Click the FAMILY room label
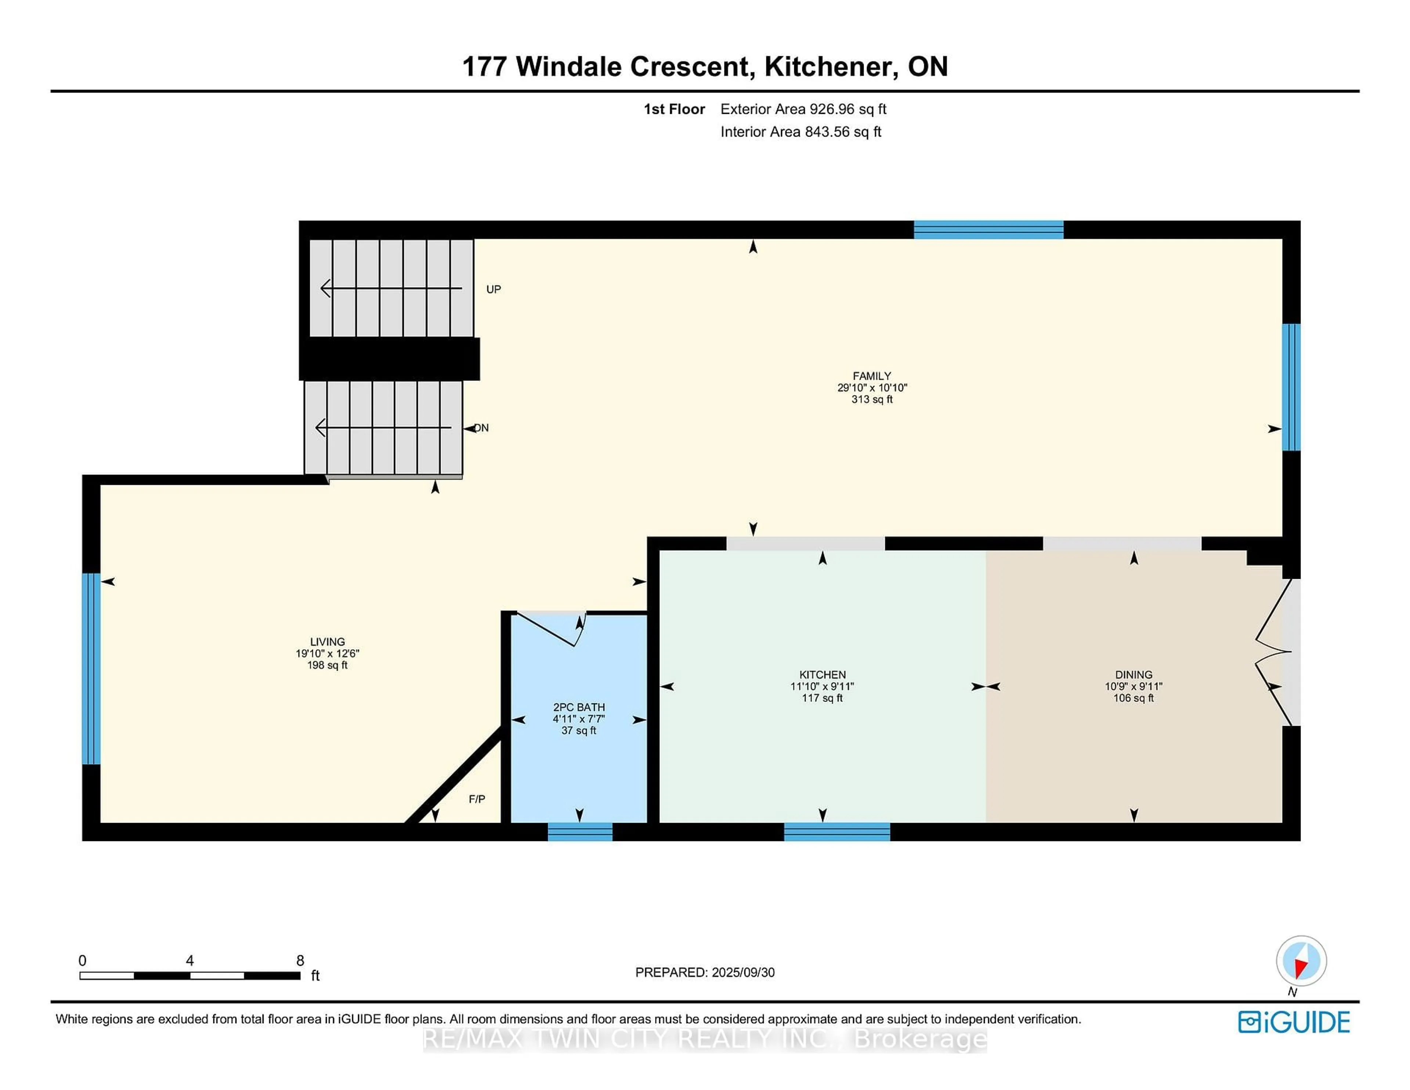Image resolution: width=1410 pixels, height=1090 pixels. click(872, 376)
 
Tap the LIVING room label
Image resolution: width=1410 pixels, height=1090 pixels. click(327, 642)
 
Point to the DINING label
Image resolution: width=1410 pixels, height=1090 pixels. click(1133, 675)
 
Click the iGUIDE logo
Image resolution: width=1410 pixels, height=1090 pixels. click(1294, 1022)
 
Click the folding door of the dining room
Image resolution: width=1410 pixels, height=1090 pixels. click(1273, 652)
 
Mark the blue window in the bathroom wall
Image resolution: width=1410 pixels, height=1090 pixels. click(580, 832)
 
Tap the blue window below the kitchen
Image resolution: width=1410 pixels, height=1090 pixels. click(837, 832)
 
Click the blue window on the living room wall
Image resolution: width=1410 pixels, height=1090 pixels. click(91, 669)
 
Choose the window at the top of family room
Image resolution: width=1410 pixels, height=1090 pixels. click(988, 230)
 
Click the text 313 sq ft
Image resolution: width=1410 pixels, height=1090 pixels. click(872, 400)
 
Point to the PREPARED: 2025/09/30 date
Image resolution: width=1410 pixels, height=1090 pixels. click(705, 972)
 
